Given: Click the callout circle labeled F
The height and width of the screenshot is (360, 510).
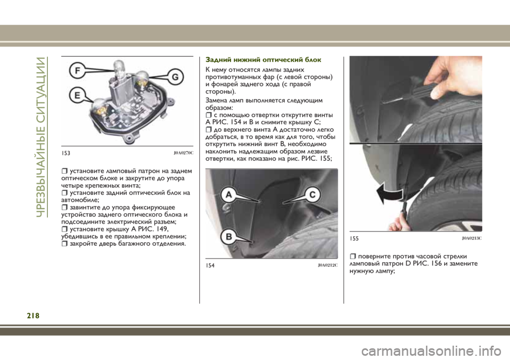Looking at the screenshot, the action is pos(78,70).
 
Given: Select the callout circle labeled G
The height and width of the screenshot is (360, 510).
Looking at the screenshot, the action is pos(175,77).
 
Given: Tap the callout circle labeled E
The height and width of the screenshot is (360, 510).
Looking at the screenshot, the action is pos(78,95).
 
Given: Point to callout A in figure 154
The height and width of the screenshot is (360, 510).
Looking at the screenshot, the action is pos(229,195).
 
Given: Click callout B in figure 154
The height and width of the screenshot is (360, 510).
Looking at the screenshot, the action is pos(229,236).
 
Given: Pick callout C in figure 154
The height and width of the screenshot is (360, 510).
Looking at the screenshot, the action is pos(312,195).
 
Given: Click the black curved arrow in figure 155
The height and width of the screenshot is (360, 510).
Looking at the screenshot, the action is pos(389,193).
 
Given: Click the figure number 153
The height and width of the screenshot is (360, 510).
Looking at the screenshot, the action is pos(66,153).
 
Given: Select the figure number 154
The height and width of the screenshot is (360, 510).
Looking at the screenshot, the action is pos(210,265).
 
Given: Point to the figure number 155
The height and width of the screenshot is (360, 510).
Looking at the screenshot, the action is pos(354,238).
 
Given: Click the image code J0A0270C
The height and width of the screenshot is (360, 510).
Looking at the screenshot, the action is pos(183,153).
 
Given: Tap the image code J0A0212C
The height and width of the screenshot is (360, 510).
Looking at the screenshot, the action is pos(328,265).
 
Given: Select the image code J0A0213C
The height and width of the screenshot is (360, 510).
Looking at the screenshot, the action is pos(472,238).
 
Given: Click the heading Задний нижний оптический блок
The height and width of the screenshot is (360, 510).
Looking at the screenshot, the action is pos(263,60).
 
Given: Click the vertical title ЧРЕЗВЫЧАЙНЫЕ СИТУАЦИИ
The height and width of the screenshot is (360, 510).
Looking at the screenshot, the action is pos(41,136).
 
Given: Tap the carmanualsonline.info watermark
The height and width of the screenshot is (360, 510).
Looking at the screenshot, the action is pos(431,351).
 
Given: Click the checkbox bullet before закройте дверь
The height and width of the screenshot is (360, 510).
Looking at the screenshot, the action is pos(64,243).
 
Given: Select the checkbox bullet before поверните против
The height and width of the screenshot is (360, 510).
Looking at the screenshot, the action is pos(353,256).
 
